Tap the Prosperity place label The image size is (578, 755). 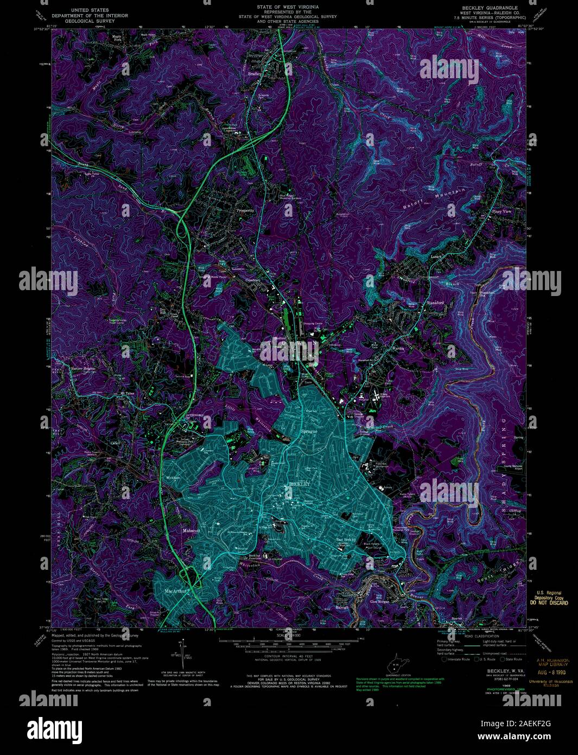pyautogui.click(x=245, y=211)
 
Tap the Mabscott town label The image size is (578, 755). pyautogui.click(x=191, y=530)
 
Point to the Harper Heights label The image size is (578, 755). pyautogui.click(x=82, y=368)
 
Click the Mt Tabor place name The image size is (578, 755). pyautogui.click(x=126, y=393)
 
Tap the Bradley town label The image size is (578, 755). pyautogui.click(x=254, y=73)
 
